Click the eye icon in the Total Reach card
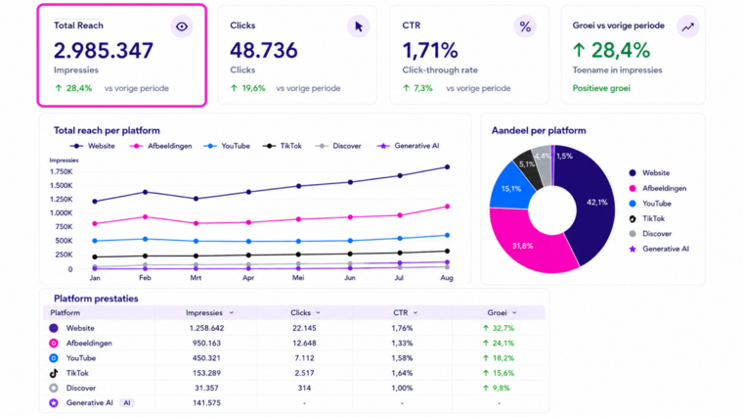coord(182,26)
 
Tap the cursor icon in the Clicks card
coord(359,26)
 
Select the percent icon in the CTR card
coord(525,26)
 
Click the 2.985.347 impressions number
coord(104,50)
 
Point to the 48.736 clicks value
coord(263,50)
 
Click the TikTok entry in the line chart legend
coord(282,146)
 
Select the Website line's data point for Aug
coord(447,167)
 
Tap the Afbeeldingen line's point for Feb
coord(145,216)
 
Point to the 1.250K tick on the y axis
coord(62,200)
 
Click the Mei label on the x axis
coord(298,278)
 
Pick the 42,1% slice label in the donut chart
coord(596,202)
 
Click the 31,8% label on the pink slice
coord(522,246)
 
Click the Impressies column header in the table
coord(203,312)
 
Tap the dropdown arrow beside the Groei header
coord(514,312)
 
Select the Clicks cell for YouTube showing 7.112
coord(304,357)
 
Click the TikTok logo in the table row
coord(54,373)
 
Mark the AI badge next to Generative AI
coord(126,402)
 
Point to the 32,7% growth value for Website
coord(499,328)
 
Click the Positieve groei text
coord(601,88)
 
